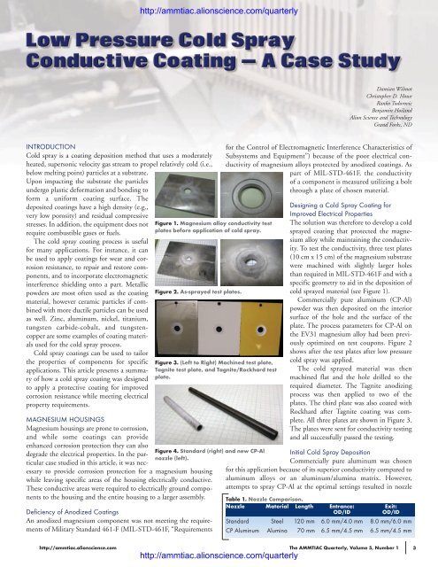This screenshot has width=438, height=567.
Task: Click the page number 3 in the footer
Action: (x=427, y=549)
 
